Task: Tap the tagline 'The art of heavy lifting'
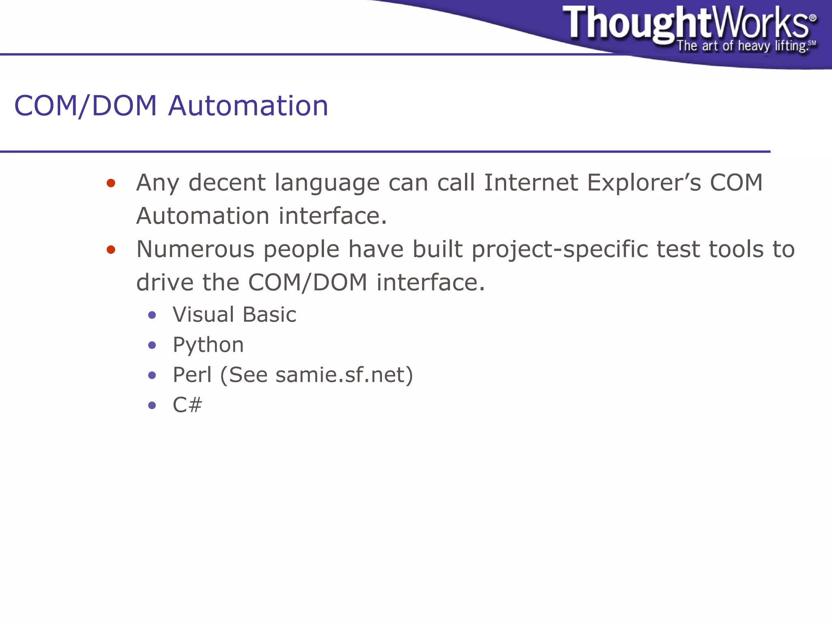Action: [x=741, y=46]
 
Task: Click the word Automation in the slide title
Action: [x=248, y=106]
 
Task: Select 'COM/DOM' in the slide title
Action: [x=85, y=106]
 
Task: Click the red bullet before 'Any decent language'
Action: [x=111, y=183]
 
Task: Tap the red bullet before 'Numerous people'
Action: [x=111, y=249]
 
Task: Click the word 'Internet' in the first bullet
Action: [x=531, y=182]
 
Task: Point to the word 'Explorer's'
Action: [x=644, y=182]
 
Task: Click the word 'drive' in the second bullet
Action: [x=165, y=282]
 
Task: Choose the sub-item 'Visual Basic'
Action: [x=234, y=315]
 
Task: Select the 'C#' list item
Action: [x=187, y=405]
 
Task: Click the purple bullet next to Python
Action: [x=152, y=345]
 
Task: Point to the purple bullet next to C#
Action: [x=152, y=405]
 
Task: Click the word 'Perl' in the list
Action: [x=192, y=375]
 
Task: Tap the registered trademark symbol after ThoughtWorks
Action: [x=813, y=18]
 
